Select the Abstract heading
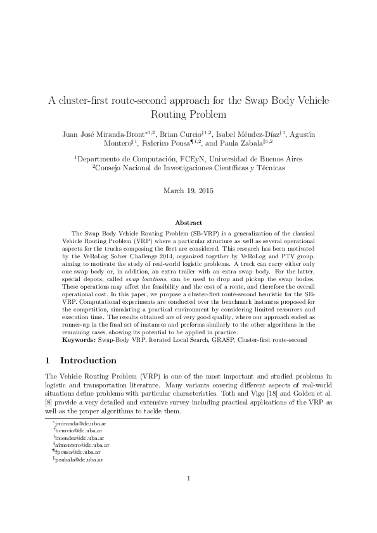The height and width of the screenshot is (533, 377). [x=188, y=223]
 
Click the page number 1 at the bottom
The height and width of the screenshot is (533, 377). [x=189, y=496]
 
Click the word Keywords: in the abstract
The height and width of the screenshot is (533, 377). [x=78, y=340]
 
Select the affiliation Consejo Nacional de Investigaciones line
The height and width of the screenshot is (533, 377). [x=188, y=168]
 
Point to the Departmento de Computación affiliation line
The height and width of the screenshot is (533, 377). [x=188, y=159]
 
